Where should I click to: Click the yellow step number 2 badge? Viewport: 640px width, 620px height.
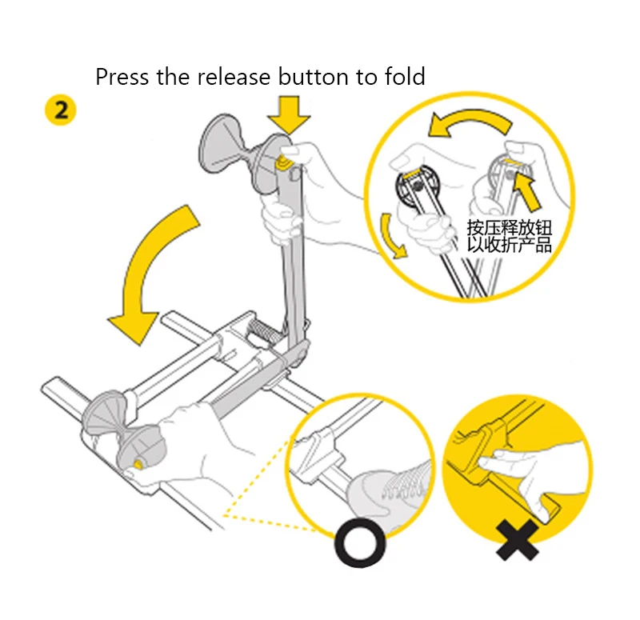[61, 110]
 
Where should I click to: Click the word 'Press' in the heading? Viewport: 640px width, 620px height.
[122, 77]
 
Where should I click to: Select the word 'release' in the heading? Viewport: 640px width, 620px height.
[234, 77]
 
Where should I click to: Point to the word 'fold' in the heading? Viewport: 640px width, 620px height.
[405, 77]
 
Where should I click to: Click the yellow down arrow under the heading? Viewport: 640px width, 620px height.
[289, 115]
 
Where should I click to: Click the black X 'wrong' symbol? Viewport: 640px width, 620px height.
[517, 540]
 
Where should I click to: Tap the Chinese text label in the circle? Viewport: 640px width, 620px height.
[510, 236]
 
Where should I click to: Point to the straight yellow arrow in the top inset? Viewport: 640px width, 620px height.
[526, 190]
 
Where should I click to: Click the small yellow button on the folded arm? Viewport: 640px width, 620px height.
[138, 464]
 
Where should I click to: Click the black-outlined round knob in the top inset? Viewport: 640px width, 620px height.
[417, 186]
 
